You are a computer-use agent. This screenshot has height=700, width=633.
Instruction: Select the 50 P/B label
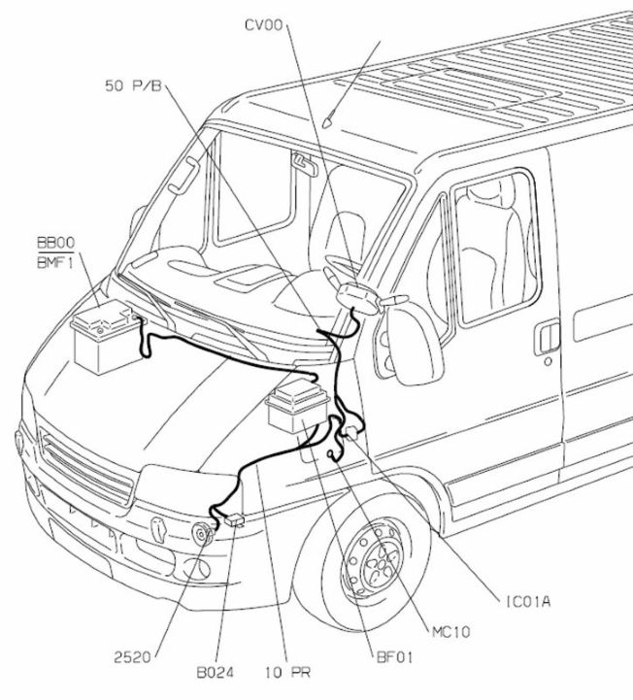point(131,86)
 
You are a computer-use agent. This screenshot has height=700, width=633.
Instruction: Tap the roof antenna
point(332,121)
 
